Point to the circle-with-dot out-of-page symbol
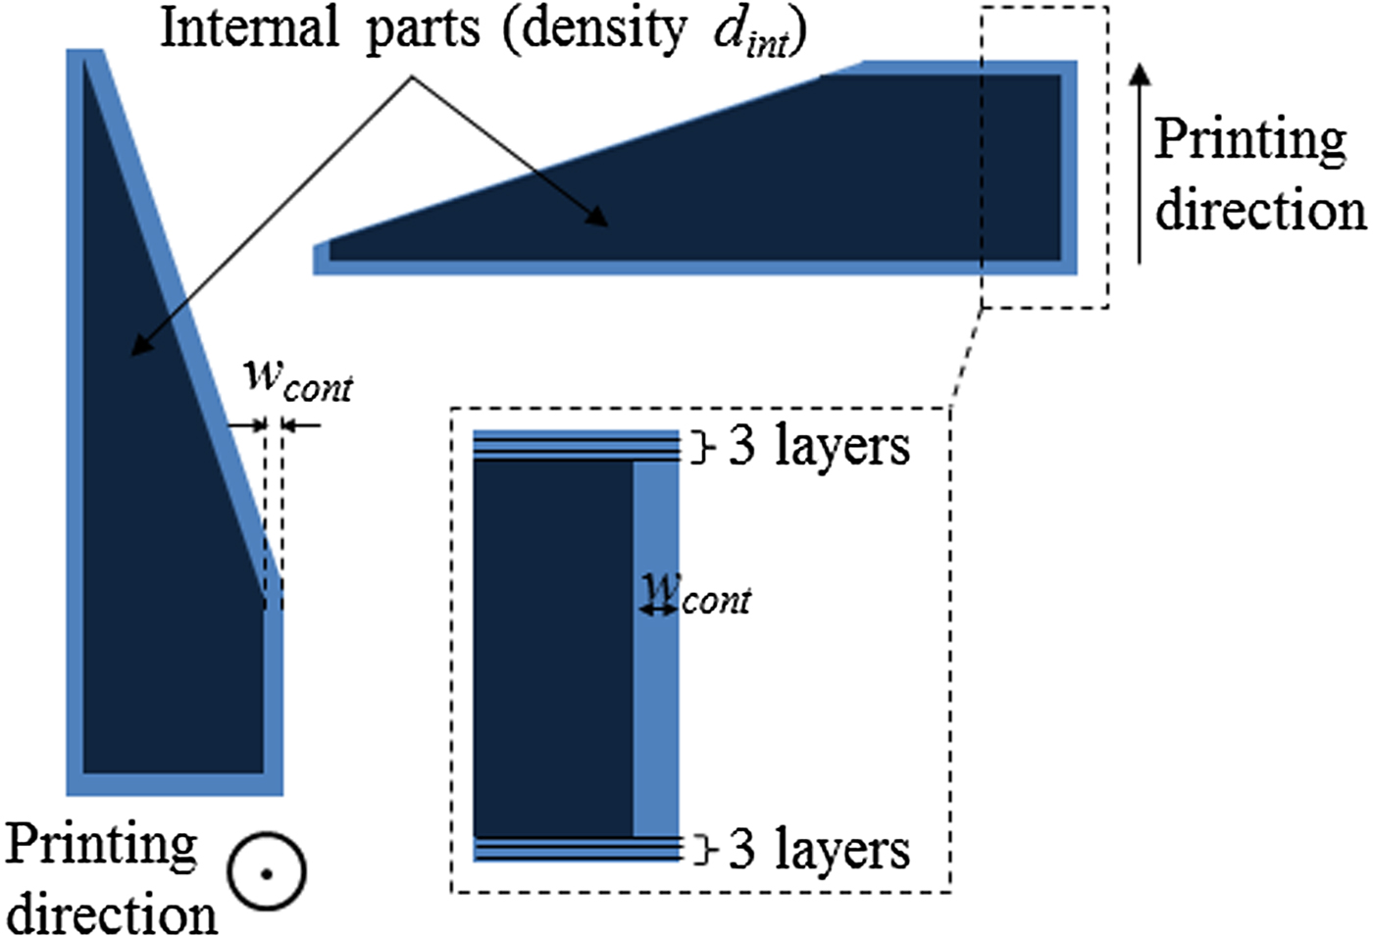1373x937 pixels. click(x=266, y=871)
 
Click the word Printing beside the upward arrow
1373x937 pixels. click(x=1249, y=141)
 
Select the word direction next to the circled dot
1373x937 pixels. click(x=112, y=913)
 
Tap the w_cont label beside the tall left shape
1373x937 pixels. click(x=298, y=379)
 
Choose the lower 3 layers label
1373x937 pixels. click(x=818, y=849)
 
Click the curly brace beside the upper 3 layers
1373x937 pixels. click(x=700, y=448)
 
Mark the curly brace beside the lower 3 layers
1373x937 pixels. click(x=700, y=850)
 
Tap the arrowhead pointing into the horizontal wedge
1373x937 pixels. click(x=597, y=218)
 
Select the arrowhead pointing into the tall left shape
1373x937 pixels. click(x=139, y=345)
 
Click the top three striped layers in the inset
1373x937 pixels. click(x=576, y=445)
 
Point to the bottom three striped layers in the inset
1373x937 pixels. click(x=576, y=849)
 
